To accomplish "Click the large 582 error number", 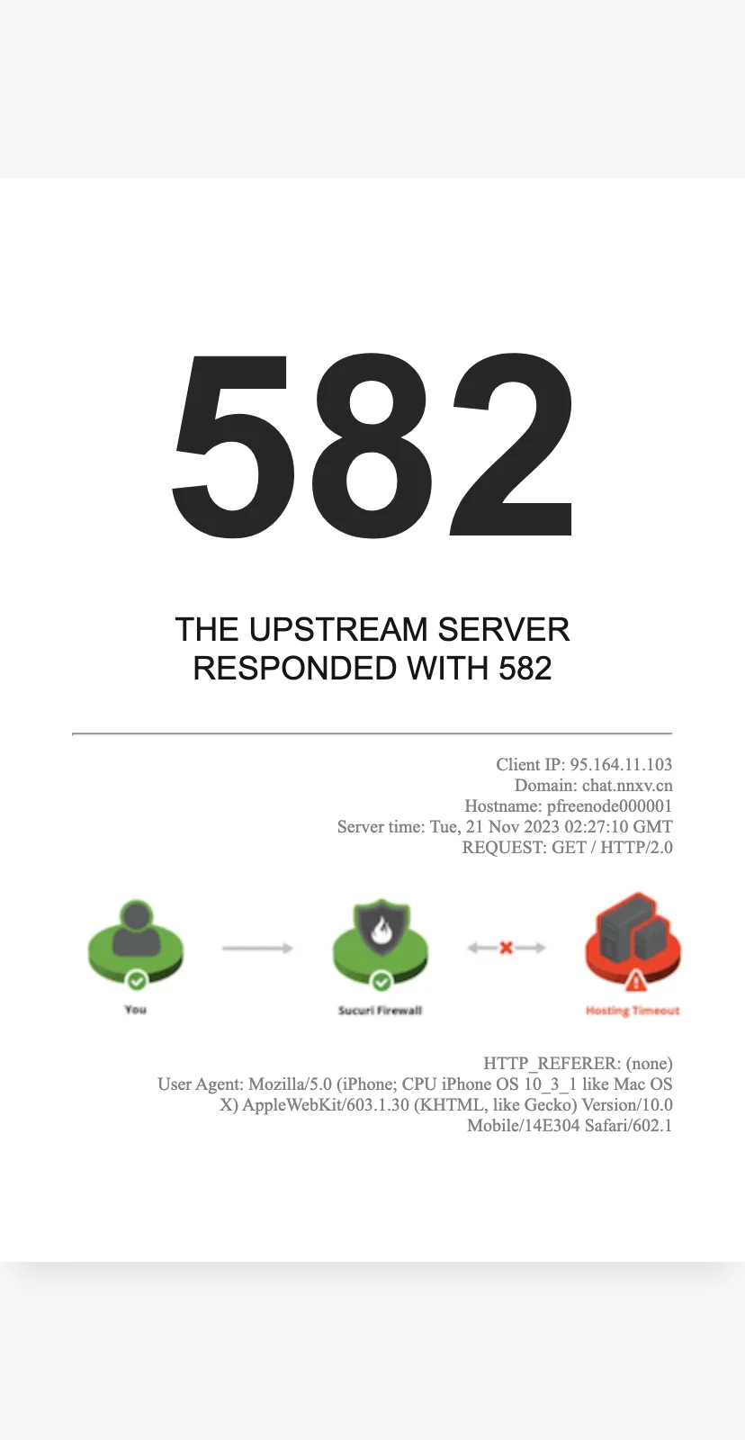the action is pos(372,445).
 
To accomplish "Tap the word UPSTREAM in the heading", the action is pos(338,629).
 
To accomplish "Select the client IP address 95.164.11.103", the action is pos(621,764).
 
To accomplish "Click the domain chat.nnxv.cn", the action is pos(627,785).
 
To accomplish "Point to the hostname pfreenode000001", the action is pos(609,806).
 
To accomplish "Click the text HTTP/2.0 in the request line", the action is pos(636,847).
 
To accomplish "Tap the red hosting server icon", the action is pos(633,939).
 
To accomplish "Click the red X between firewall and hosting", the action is pos(506,948).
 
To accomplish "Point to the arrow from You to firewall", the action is pos(257,948).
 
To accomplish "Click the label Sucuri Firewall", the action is pos(380,1010).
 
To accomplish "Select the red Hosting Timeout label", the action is pos(633,1011).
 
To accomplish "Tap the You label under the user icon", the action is pos(136,1009).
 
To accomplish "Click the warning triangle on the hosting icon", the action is pos(636,981).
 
